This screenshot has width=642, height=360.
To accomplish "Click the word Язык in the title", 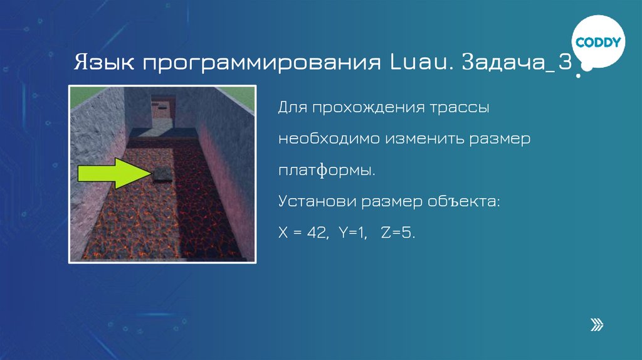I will coord(102,63).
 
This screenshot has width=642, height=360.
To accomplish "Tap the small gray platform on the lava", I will coord(162,174).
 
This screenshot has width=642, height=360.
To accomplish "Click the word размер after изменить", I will coord(499,139).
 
